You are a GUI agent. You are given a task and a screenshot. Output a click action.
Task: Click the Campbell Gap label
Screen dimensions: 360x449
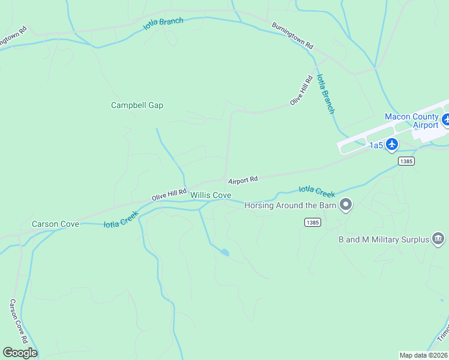tap(137, 105)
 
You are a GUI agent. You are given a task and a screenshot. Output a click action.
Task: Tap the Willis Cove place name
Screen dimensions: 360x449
tap(211, 195)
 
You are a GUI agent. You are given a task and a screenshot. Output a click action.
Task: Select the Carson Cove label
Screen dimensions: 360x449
tap(55, 224)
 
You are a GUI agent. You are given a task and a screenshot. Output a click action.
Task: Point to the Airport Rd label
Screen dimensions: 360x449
tap(243, 179)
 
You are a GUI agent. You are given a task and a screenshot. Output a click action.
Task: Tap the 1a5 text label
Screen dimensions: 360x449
tap(376, 145)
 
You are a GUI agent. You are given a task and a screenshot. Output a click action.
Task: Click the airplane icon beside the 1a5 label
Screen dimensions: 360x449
tap(392, 144)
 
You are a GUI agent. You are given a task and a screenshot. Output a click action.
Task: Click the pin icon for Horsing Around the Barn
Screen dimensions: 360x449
tap(345, 205)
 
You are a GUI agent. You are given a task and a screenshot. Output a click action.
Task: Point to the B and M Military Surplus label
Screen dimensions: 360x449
tap(384, 239)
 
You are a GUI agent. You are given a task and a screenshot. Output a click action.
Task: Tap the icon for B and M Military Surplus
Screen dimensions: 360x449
tap(438, 239)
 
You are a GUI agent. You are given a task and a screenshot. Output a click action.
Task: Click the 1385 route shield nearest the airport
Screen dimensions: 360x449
tap(406, 161)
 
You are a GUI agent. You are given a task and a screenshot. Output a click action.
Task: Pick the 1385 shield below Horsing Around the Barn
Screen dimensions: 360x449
tap(312, 222)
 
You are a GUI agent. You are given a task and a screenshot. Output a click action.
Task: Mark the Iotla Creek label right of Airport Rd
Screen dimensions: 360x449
tap(316, 191)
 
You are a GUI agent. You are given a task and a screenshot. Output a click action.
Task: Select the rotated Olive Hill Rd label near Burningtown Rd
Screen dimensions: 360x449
tap(301, 91)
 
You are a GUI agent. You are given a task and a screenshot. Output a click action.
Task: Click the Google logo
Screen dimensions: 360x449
tap(20, 353)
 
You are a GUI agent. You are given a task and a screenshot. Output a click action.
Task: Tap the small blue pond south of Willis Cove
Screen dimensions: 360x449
tap(224, 253)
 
